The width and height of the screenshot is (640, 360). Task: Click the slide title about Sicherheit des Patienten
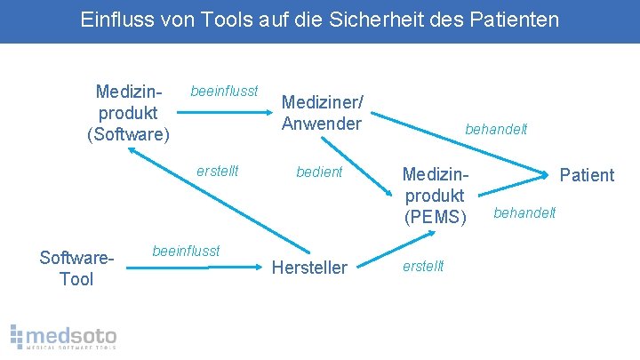[320, 19]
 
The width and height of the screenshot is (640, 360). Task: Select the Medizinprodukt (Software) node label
[127, 113]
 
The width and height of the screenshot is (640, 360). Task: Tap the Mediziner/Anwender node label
[322, 113]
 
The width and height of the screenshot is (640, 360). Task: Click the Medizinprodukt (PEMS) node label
[435, 195]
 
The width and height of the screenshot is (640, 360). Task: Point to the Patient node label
[587, 175]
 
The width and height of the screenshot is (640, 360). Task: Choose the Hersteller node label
[309, 268]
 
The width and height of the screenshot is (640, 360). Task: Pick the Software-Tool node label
[77, 268]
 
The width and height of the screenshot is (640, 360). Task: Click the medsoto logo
[63, 336]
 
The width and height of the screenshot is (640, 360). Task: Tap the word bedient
[319, 172]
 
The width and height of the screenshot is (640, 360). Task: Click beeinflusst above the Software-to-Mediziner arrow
[224, 91]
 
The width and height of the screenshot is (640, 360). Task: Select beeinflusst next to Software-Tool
[187, 252]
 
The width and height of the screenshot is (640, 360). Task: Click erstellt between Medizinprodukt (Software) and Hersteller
[218, 171]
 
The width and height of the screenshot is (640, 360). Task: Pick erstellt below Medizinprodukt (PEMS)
[423, 266]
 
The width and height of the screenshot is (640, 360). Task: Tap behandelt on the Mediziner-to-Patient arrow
[496, 129]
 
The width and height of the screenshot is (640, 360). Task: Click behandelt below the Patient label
[524, 212]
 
